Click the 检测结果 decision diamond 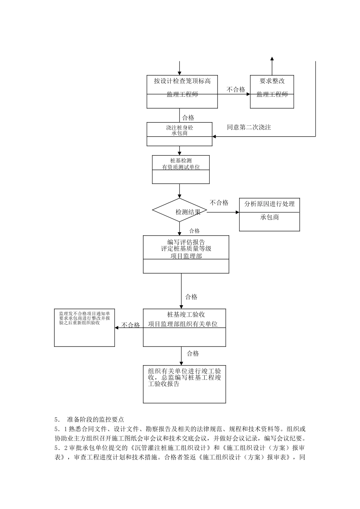(180, 211)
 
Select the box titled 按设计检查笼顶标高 (182, 81)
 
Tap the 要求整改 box (272, 81)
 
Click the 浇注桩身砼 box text (179, 128)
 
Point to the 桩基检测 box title (181, 161)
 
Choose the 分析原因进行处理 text (269, 204)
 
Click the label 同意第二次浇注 (249, 127)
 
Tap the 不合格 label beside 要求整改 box (236, 89)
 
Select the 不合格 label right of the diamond (219, 203)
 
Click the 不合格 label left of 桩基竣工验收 (131, 325)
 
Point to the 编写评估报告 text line (186, 242)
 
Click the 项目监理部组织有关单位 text (183, 324)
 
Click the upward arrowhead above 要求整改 (272, 59)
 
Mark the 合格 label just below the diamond (194, 231)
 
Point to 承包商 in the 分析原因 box (269, 217)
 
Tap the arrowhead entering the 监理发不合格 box (117, 328)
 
